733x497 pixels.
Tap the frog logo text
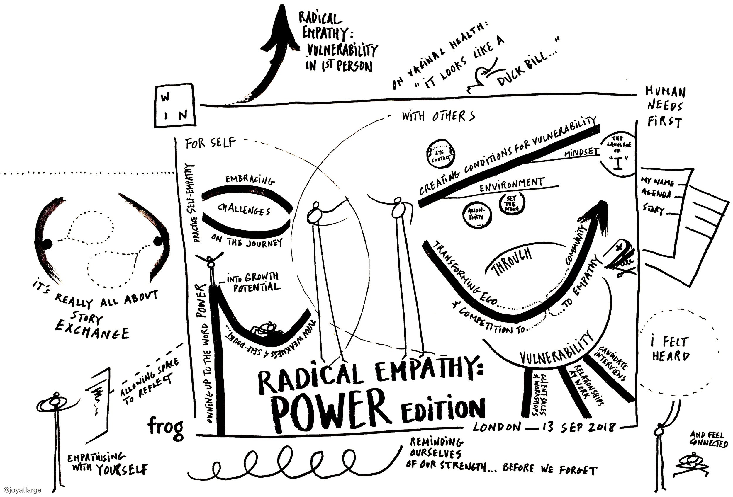[x=166, y=426]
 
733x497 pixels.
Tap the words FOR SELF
[x=211, y=143]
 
